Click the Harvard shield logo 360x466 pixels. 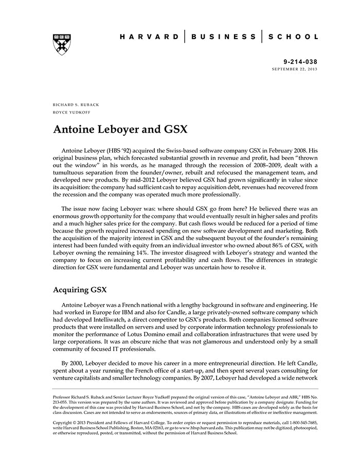62,45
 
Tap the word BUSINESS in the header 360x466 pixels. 223,37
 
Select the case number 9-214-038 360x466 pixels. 301,61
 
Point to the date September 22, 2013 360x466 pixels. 295,69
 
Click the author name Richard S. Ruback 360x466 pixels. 76,104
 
